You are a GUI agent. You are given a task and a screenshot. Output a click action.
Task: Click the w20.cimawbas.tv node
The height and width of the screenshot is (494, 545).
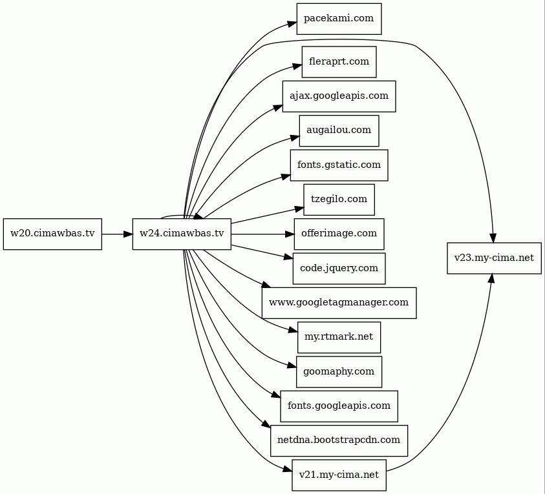(52, 234)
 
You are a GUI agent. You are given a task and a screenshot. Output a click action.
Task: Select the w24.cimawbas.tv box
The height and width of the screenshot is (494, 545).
(182, 234)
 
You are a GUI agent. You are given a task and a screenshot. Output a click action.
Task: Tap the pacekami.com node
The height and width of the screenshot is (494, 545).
(339, 19)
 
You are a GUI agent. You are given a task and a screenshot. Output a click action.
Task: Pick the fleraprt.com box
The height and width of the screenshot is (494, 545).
(339, 62)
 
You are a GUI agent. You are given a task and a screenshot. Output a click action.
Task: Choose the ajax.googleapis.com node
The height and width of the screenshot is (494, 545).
(339, 96)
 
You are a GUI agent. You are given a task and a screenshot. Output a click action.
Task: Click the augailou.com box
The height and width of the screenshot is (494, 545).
(339, 131)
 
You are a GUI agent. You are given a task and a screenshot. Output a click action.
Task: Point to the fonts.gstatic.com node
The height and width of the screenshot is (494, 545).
(339, 165)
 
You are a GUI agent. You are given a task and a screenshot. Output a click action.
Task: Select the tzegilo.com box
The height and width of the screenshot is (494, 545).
(339, 200)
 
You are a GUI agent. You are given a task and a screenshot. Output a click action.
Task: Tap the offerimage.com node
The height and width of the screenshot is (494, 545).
(339, 234)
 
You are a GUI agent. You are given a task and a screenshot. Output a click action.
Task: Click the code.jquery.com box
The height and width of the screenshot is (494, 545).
(339, 269)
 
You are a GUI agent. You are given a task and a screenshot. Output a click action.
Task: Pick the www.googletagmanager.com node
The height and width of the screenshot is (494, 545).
(339, 303)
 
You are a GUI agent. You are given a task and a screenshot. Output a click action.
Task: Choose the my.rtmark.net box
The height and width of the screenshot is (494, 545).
(339, 338)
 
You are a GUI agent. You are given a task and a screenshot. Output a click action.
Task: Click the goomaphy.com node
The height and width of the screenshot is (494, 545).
(339, 372)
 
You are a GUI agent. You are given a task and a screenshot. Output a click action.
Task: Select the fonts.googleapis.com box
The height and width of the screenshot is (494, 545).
(339, 406)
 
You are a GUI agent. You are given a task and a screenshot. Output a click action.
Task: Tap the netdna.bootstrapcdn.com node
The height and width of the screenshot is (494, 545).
(339, 440)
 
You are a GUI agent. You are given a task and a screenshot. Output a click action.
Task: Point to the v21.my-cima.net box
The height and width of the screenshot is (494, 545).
(339, 475)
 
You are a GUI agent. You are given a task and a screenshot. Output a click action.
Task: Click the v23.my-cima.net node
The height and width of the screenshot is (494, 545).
(494, 258)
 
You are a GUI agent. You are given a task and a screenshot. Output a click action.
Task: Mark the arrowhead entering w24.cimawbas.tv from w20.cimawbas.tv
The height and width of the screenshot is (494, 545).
(128, 234)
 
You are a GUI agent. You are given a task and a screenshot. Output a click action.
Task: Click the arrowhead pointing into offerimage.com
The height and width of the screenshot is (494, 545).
(290, 234)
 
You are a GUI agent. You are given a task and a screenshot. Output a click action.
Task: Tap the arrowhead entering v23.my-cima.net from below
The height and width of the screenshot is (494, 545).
(491, 278)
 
